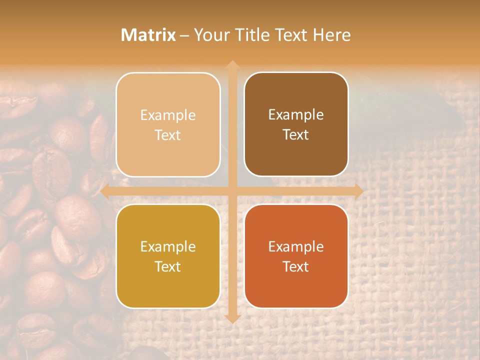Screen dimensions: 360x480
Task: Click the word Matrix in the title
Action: tap(148, 35)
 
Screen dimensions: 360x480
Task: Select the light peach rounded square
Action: tap(168, 124)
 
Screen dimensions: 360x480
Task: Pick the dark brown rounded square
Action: tap(296, 124)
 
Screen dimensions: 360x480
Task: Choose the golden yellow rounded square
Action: tap(168, 256)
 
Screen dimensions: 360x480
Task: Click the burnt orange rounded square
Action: tap(296, 256)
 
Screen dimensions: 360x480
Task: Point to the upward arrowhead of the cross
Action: tap(232, 65)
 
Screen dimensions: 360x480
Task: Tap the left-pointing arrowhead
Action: tap(105, 191)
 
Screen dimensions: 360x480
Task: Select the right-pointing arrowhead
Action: tap(358, 191)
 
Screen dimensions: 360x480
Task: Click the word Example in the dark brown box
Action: tap(296, 115)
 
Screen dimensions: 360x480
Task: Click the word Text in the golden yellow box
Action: tap(168, 266)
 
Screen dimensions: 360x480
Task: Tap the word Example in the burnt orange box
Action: tap(296, 246)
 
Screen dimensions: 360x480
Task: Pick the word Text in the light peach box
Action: tap(168, 135)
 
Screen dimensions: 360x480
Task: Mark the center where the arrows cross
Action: tap(232, 191)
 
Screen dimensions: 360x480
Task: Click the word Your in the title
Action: tap(209, 35)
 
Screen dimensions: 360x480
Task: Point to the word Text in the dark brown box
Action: tap(296, 135)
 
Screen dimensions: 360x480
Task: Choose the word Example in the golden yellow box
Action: tap(168, 246)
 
